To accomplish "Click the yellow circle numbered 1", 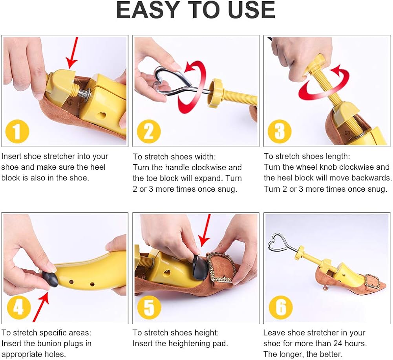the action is pos(17,131).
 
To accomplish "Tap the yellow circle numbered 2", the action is pos(149,131).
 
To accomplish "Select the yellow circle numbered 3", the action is pos(280,131).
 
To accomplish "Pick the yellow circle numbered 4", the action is pos(19,308).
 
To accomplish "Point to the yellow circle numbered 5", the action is pos(149,308).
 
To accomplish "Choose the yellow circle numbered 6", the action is pos(281,308).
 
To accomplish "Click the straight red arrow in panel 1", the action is pos(72,53).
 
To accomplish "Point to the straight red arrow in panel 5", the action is pos(205,231).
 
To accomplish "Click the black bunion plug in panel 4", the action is pos(50,279).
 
